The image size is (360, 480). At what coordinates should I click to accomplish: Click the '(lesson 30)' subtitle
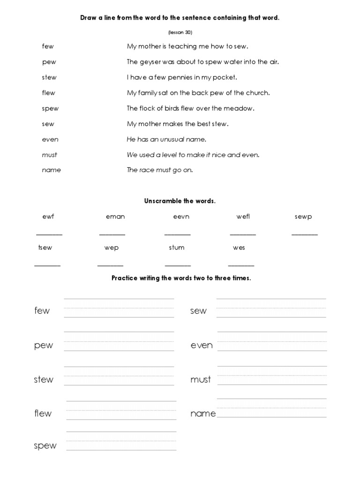(180, 32)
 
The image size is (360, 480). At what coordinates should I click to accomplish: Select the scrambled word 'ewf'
(48, 217)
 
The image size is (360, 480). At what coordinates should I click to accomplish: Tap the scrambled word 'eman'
(115, 217)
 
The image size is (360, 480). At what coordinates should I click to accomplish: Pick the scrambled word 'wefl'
(243, 217)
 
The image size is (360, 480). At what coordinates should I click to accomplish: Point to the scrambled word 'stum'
(177, 247)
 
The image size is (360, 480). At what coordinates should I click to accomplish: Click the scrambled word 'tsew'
(45, 247)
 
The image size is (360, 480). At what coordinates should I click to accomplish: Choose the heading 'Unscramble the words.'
(180, 201)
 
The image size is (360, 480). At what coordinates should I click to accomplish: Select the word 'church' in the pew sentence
(258, 93)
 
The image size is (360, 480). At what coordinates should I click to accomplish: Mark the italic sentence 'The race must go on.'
(160, 170)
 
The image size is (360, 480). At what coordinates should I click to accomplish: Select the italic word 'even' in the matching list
(50, 139)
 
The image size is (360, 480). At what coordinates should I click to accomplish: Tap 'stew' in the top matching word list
(49, 77)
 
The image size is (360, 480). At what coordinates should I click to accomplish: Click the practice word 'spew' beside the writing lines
(45, 446)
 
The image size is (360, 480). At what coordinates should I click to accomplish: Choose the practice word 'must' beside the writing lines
(201, 380)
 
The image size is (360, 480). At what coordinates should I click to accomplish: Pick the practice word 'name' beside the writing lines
(203, 413)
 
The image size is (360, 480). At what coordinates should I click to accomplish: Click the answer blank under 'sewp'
(305, 234)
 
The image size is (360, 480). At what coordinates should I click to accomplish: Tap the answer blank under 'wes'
(241, 265)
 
